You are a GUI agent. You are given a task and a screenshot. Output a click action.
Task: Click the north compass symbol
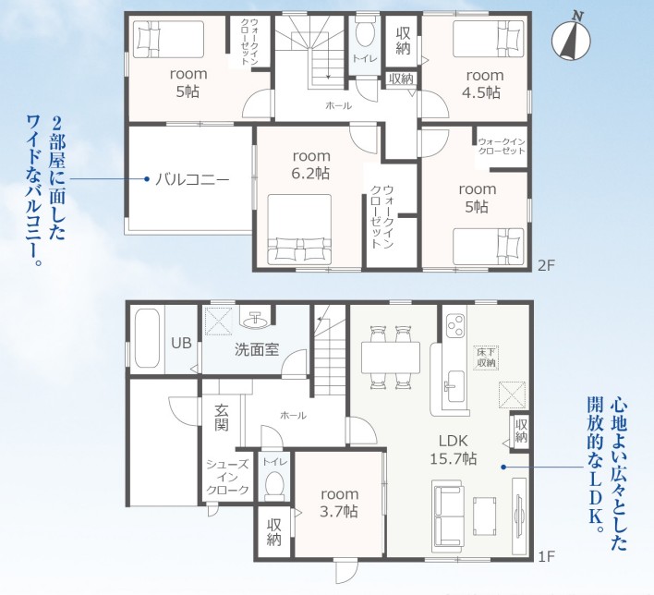[572, 39]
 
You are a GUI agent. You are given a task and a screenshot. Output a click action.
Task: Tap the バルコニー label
[192, 180]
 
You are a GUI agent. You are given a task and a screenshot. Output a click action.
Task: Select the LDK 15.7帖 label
[454, 450]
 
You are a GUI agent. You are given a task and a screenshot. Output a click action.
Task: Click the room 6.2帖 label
[311, 164]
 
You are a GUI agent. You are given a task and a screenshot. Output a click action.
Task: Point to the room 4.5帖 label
[484, 84]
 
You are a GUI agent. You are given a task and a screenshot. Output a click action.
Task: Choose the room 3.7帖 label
[339, 503]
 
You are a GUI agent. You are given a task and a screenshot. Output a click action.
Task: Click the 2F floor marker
[547, 265]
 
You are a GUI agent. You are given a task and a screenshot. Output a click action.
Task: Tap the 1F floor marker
[547, 556]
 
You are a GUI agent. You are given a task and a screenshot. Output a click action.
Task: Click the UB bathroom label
[181, 343]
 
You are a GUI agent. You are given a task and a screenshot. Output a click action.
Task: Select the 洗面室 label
[257, 349]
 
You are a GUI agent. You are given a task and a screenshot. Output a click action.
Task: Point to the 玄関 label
[222, 418]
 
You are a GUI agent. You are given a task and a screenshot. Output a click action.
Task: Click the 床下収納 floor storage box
[486, 358]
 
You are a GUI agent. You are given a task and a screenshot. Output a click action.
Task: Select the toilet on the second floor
[365, 30]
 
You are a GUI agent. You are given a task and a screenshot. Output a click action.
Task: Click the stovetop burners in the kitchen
[454, 325]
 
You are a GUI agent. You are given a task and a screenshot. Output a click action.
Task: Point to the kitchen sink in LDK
[454, 386]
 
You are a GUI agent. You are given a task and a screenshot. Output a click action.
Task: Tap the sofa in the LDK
[448, 513]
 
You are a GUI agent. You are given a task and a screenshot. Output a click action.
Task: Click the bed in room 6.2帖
[299, 229]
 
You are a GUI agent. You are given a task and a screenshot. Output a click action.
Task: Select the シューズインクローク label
[228, 478]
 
